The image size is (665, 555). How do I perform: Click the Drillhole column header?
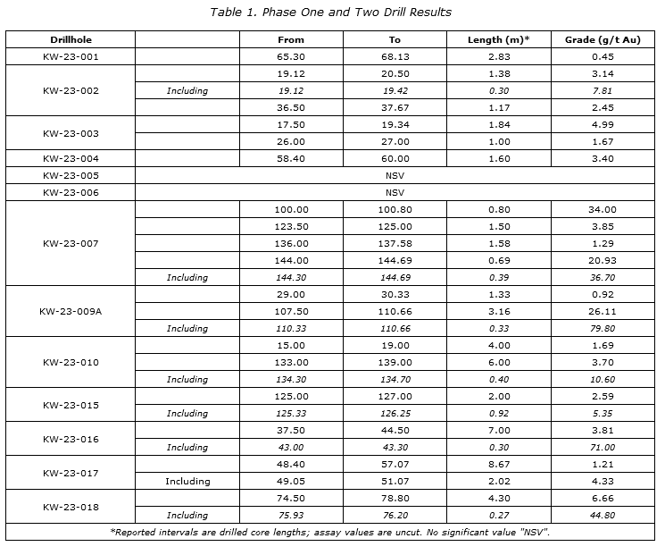[71, 39]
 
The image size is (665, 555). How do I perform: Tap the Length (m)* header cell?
[498, 39]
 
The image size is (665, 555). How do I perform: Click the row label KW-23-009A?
[71, 311]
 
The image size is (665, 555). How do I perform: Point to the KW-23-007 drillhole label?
[71, 243]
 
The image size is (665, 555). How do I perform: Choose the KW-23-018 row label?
[71, 507]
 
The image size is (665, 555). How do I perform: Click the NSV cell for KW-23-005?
[395, 175]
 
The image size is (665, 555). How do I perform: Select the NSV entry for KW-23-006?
[395, 192]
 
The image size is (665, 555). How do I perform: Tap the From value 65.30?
[291, 56]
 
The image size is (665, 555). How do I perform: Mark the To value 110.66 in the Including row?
[395, 328]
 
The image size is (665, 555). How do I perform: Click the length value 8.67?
[498, 464]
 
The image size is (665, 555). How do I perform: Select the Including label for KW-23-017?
[187, 481]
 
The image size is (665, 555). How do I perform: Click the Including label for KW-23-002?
[187, 90]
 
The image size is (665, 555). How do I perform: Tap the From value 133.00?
[291, 362]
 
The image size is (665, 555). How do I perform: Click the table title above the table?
[330, 12]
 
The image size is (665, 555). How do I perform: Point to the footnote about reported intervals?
[330, 532]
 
